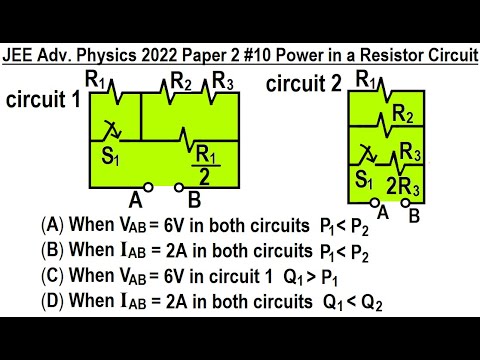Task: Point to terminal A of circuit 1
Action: (x=148, y=186)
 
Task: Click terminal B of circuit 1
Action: (x=179, y=186)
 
